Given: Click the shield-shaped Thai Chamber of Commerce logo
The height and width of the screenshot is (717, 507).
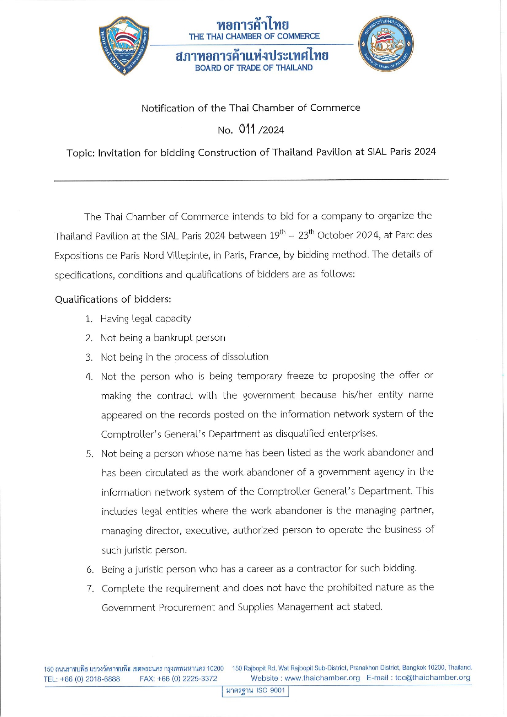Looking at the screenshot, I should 124,45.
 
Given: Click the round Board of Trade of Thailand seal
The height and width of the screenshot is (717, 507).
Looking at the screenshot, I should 386,44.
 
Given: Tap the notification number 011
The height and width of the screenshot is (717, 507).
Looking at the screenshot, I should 247,129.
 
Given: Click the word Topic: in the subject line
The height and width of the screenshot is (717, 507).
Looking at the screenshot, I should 80,153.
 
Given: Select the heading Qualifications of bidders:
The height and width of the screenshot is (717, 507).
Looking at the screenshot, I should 113,299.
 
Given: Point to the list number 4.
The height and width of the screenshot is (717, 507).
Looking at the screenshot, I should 89,377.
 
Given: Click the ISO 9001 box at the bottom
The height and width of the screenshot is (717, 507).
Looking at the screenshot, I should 255,690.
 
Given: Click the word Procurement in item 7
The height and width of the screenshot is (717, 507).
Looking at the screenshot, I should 187,608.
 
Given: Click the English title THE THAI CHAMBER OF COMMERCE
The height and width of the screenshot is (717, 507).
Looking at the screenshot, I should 254,36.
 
